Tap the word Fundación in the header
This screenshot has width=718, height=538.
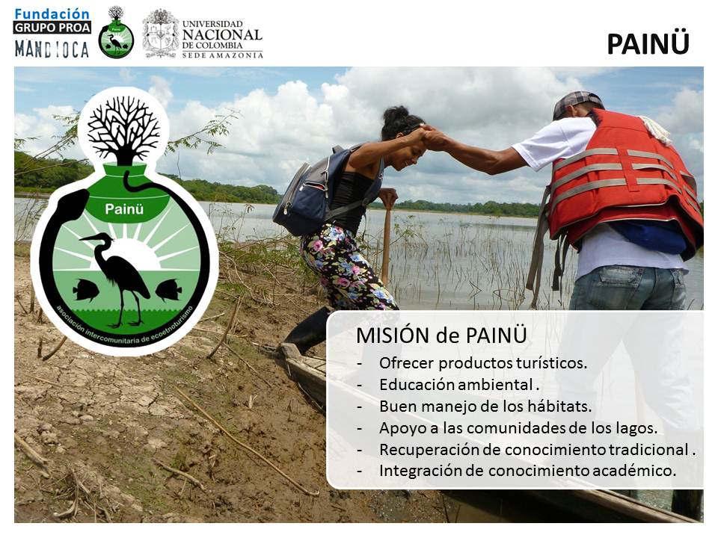pyautogui.click(x=52, y=13)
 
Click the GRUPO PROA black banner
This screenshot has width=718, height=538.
pyautogui.click(x=52, y=28)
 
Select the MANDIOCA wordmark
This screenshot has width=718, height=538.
pyautogui.click(x=52, y=49)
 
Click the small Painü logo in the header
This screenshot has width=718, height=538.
pyautogui.click(x=117, y=32)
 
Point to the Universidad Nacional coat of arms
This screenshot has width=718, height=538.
pyautogui.click(x=160, y=34)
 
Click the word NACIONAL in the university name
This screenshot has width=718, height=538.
pyautogui.click(x=222, y=34)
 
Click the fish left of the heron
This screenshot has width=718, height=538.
pyautogui.click(x=85, y=290)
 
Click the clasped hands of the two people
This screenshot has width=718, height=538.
pyautogui.click(x=429, y=135)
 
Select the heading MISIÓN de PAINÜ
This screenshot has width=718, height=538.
pyautogui.click(x=441, y=336)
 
